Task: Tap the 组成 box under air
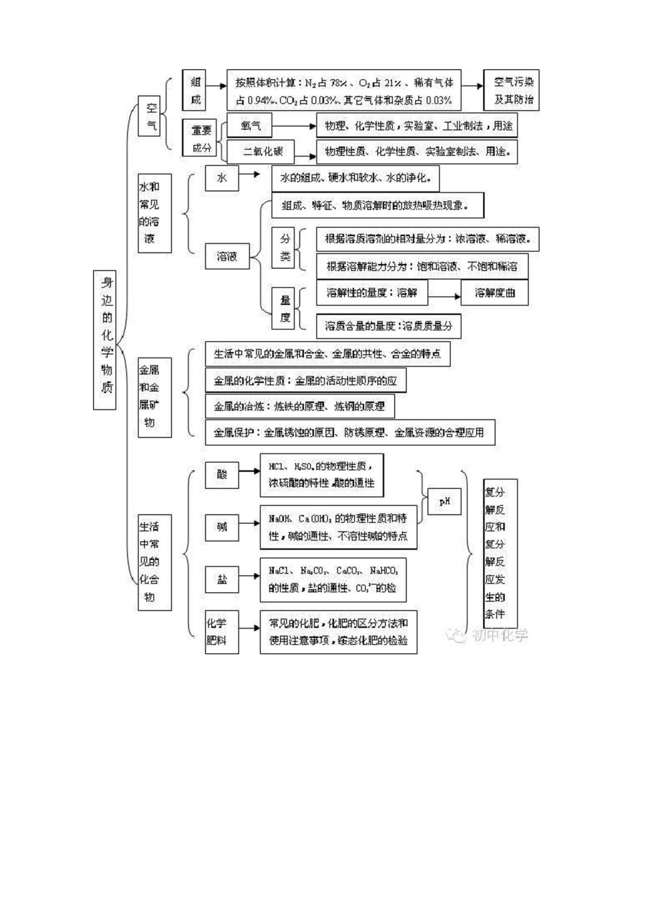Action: [195, 90]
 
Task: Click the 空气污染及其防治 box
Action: [513, 90]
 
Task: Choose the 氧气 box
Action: [251, 126]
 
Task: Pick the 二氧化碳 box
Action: [263, 151]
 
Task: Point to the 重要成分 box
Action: [201, 138]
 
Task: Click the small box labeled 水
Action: [221, 178]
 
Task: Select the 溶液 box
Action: [227, 256]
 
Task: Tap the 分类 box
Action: [285, 248]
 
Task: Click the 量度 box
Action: [285, 308]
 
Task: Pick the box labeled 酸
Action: [222, 473]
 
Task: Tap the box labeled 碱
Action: [222, 527]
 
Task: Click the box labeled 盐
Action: [222, 579]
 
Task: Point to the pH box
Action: [444, 502]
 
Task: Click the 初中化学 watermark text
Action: [499, 635]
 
